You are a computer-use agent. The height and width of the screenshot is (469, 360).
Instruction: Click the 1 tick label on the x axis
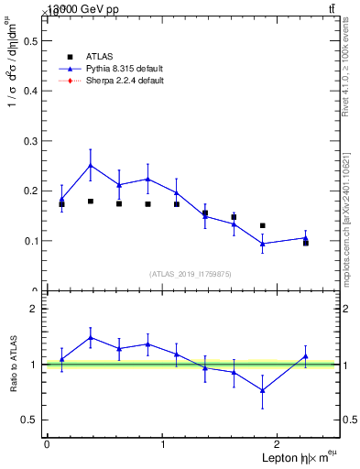pos(163,444)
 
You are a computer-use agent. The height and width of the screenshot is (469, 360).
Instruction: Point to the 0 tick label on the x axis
pos(47,444)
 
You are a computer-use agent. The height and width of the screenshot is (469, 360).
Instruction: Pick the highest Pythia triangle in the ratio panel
pos(91,337)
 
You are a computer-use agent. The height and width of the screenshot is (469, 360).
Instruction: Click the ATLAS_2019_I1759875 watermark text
pos(191,273)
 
